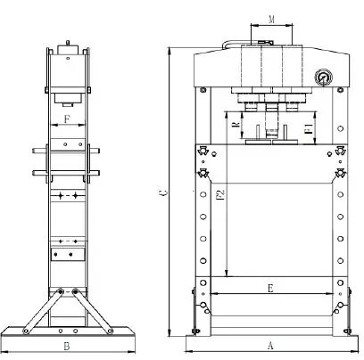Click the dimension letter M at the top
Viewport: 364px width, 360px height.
coord(270,18)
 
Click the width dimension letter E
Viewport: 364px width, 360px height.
coord(270,288)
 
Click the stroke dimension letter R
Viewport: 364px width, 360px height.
coord(234,128)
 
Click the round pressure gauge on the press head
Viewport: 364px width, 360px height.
coord(321,78)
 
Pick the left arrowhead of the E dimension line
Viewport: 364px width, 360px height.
coord(213,294)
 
